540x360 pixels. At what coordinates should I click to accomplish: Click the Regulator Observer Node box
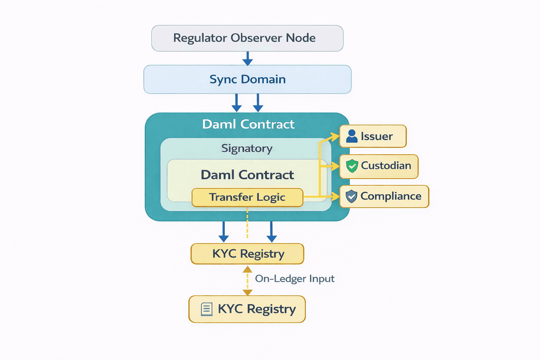[x=247, y=38]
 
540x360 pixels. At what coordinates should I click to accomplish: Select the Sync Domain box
[x=247, y=79]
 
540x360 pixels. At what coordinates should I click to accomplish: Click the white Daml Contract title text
[x=248, y=124]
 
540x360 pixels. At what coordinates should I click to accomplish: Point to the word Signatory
[x=247, y=148]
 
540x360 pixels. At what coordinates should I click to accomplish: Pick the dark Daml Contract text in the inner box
[x=247, y=175]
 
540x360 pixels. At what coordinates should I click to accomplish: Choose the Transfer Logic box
[x=247, y=197]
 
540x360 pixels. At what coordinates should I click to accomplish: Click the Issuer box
[x=373, y=136]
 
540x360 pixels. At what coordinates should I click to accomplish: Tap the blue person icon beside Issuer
[x=352, y=136]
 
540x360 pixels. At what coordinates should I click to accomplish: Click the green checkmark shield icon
[x=352, y=166]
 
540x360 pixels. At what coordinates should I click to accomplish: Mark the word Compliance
[x=391, y=196]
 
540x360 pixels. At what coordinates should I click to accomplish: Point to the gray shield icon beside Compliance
[x=351, y=197]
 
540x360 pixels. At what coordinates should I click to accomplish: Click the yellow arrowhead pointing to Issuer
[x=335, y=137]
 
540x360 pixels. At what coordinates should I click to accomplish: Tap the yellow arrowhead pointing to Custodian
[x=335, y=166]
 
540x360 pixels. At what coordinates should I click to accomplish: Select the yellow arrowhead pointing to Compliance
[x=335, y=197]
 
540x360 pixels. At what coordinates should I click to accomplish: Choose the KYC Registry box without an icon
[x=247, y=253]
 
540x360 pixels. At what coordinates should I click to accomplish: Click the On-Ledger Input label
[x=295, y=279]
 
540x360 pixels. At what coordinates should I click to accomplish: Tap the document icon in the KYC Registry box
[x=207, y=309]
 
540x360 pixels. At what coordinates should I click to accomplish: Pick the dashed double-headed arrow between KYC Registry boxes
[x=247, y=280]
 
